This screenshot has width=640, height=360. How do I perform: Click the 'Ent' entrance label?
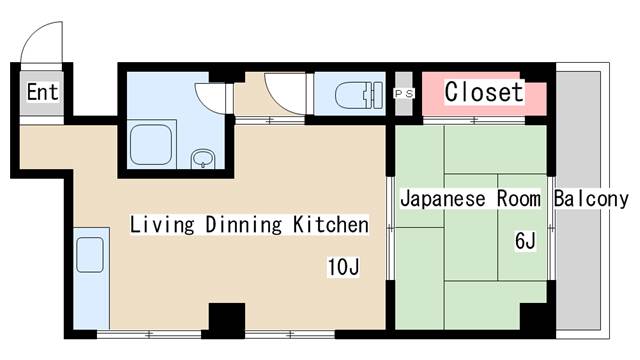click(41, 93)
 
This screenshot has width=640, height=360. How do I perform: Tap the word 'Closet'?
click(483, 92)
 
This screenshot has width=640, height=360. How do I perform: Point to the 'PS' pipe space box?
click(404, 94)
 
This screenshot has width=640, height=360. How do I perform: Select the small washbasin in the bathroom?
click(203, 158)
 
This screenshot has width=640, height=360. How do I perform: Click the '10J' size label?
click(341, 267)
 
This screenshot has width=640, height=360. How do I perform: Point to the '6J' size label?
click(526, 241)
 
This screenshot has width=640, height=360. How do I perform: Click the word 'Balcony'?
click(592, 198)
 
